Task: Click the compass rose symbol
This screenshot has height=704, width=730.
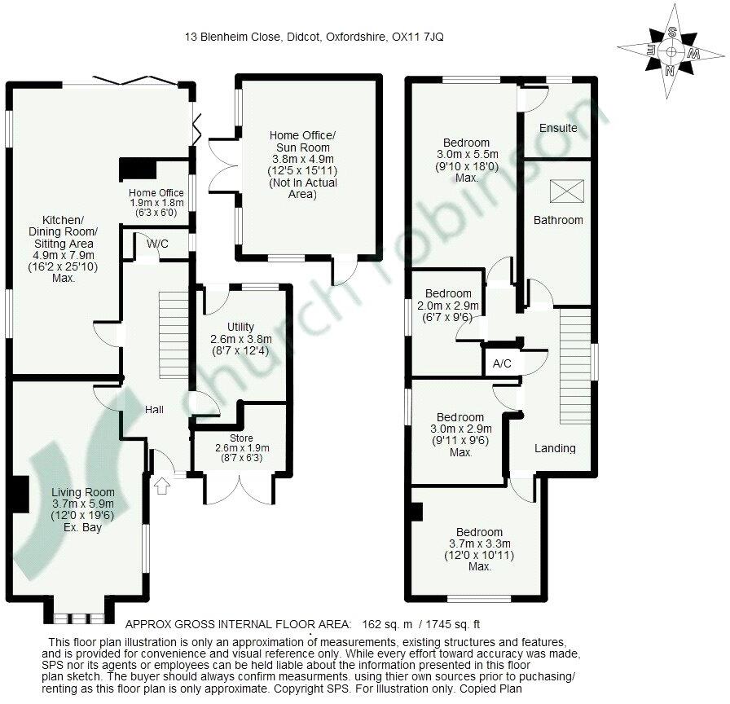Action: click(671, 51)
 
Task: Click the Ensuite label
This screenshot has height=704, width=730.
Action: click(558, 128)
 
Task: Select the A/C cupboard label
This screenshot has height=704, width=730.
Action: click(502, 363)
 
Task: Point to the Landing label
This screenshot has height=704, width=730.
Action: click(555, 448)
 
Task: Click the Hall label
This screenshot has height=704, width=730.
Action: click(155, 410)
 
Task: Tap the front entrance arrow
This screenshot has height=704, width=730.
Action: click(161, 486)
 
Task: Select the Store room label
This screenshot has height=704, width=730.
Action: click(241, 438)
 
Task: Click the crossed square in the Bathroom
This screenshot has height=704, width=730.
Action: click(562, 191)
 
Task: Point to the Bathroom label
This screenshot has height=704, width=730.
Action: click(558, 220)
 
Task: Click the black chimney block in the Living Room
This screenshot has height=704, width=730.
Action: click(15, 494)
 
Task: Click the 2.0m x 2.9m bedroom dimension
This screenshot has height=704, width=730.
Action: click(448, 306)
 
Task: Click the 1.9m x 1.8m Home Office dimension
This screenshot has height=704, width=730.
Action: click(156, 203)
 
